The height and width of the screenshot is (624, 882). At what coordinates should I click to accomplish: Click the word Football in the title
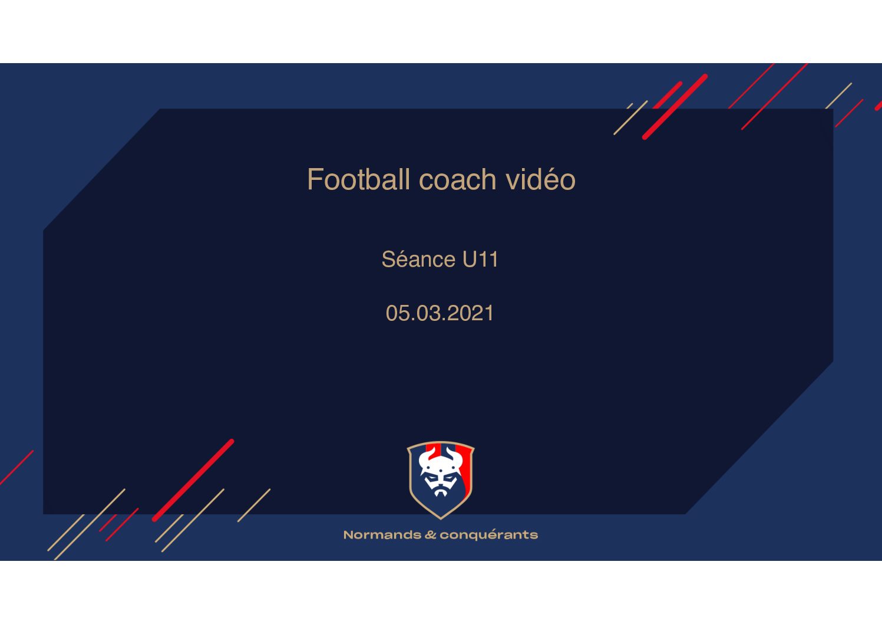click(x=358, y=179)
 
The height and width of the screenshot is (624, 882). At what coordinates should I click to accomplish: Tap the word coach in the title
click(x=457, y=179)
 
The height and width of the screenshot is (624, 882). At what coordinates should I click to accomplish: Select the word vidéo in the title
click(x=541, y=179)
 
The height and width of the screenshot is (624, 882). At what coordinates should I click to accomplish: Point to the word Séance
click(x=418, y=259)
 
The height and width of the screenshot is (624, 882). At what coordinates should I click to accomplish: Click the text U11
click(x=480, y=259)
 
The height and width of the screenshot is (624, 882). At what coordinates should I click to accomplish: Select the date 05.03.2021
click(x=440, y=313)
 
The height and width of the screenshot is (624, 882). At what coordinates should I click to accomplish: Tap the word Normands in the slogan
click(x=382, y=535)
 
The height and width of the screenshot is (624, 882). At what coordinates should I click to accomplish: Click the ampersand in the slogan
click(x=430, y=535)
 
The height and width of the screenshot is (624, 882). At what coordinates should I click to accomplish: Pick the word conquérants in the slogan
click(x=488, y=536)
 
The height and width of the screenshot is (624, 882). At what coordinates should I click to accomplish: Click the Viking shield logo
click(x=441, y=480)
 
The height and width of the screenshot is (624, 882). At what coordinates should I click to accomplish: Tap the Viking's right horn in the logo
click(x=454, y=455)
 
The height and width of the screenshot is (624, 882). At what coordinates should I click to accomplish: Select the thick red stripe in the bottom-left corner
click(x=193, y=480)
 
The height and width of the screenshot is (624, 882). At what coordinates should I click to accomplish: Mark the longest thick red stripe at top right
click(x=675, y=106)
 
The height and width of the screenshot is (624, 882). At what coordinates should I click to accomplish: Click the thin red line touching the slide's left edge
click(x=16, y=468)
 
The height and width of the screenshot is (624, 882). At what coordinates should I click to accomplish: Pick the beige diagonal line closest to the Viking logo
click(x=254, y=505)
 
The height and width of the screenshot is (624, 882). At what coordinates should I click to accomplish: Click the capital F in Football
click(x=315, y=179)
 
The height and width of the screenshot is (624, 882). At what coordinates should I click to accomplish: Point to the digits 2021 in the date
click(x=471, y=313)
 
